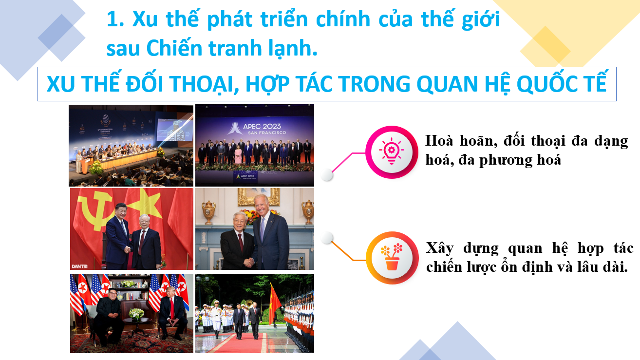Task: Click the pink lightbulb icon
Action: tap(392, 151)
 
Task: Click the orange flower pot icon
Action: tap(392, 257)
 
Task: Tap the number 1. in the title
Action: tap(115, 19)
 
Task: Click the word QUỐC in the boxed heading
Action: tap(545, 83)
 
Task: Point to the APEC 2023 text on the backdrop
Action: tap(262, 126)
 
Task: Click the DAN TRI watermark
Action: tap(79, 266)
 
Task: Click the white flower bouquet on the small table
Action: tap(136, 313)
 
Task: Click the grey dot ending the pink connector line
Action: tap(327, 174)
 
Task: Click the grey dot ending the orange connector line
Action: tap(327, 238)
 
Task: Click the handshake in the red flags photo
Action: tap(128, 249)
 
